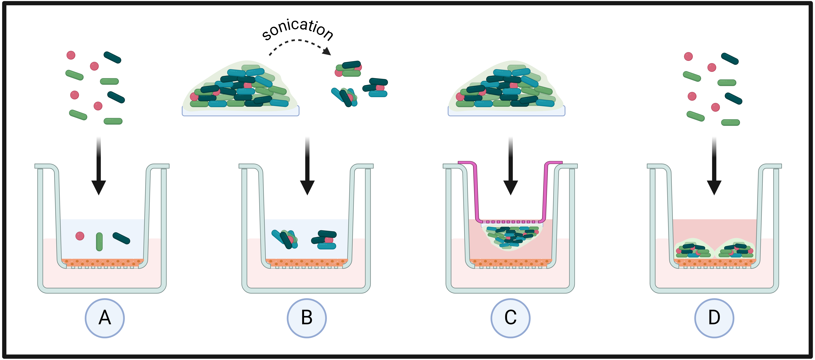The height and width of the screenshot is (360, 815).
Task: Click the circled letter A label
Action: point(105,318)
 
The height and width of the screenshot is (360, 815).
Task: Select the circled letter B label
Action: point(307,318)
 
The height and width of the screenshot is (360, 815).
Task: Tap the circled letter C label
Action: point(510,318)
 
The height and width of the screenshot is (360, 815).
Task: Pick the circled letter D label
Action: point(714,318)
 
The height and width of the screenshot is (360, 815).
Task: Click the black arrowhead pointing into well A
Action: point(99,188)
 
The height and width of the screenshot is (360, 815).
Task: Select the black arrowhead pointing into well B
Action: point(307,188)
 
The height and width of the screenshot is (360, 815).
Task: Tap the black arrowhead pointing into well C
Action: point(511,188)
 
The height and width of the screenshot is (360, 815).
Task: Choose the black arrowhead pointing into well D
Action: point(714,188)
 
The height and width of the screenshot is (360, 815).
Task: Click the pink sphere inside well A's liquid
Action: point(80,236)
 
